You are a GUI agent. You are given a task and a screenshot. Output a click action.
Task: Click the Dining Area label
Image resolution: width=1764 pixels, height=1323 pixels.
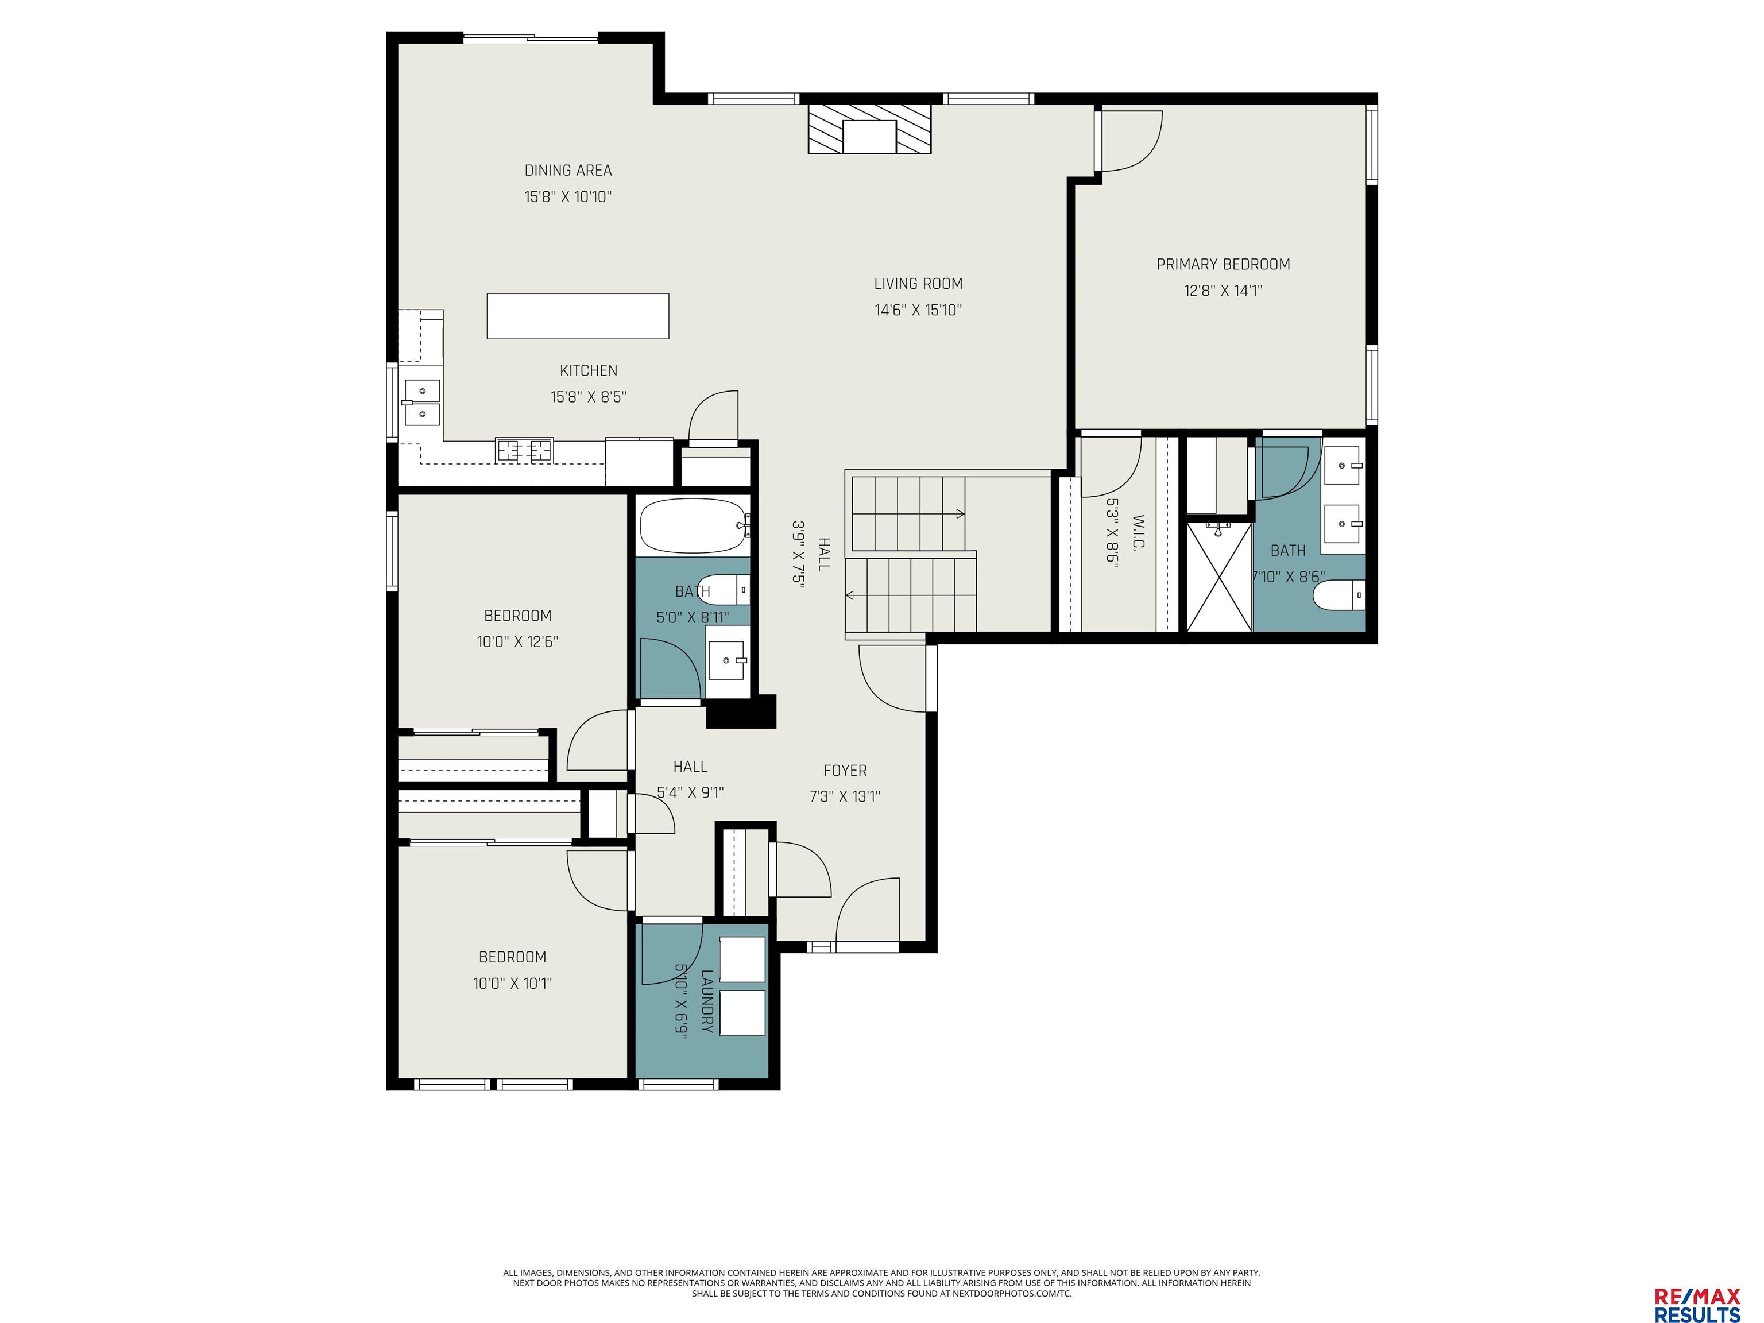pos(568,171)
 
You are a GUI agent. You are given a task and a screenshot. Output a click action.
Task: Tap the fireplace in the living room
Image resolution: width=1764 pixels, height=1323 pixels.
pos(869,129)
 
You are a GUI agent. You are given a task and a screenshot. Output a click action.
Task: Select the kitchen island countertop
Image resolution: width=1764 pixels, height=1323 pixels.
pos(578,316)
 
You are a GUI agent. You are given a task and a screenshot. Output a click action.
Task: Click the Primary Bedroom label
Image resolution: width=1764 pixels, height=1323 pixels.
pos(1223,265)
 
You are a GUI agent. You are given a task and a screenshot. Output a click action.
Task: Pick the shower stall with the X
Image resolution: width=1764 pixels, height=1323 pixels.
pos(1219,577)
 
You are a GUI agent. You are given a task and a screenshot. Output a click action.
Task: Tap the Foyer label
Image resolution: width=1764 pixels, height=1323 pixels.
pos(845,771)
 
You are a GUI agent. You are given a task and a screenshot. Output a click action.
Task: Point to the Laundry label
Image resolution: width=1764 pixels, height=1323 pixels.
pos(706,1001)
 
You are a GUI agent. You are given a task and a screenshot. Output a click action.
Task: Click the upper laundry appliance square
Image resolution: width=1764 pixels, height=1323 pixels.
pos(742,960)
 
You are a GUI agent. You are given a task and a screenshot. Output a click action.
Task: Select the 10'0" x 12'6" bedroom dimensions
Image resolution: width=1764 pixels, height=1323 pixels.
pos(517,642)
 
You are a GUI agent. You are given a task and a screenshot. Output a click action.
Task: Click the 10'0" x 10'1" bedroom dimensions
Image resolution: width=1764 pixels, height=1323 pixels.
pos(513,983)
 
